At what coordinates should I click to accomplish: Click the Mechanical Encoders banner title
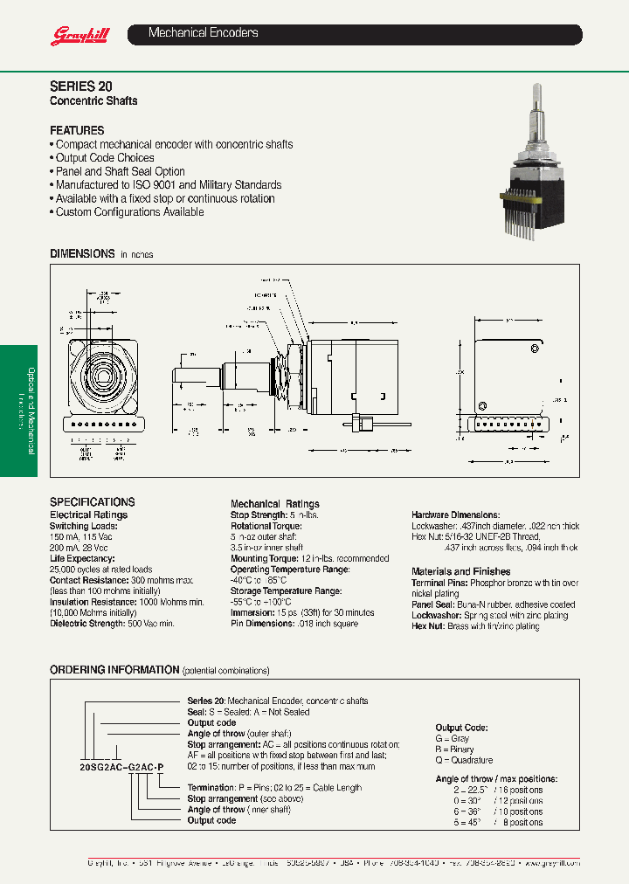(203, 33)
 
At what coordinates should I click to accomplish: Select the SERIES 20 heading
(80, 87)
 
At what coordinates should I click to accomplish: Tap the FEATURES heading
(77, 130)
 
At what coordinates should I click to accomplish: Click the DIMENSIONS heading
(82, 253)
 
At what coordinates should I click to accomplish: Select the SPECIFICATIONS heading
(93, 502)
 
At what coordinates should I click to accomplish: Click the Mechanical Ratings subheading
(274, 504)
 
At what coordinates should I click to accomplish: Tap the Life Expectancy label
(81, 558)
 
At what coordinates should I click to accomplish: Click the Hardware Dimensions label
(455, 515)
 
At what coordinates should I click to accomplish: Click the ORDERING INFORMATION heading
(114, 670)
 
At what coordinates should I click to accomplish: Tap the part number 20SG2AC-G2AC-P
(121, 766)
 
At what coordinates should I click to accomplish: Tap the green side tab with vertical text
(19, 411)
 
